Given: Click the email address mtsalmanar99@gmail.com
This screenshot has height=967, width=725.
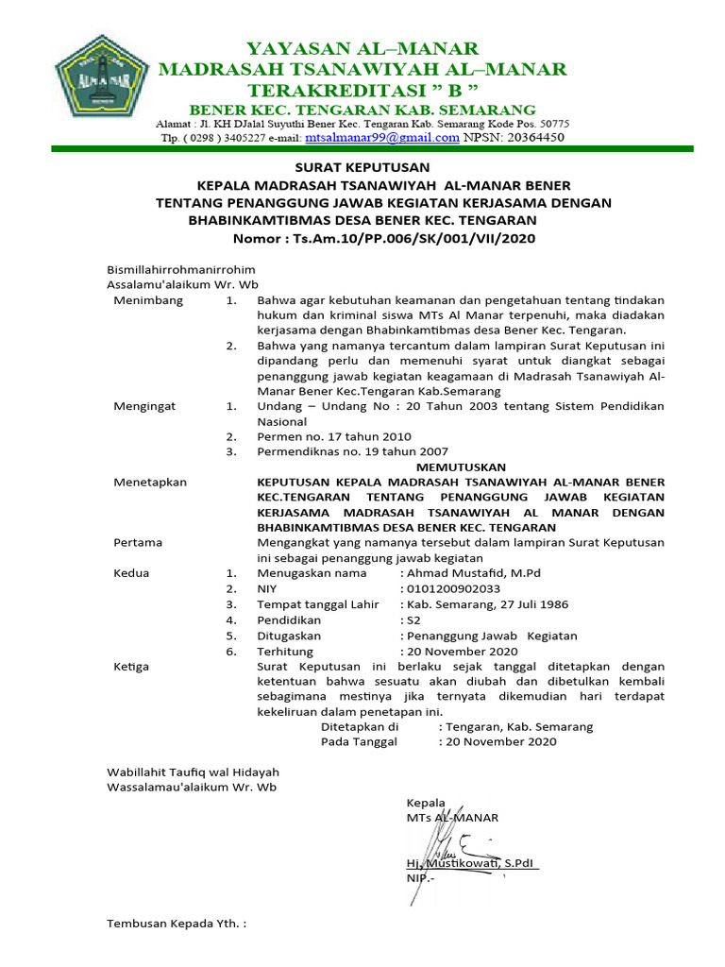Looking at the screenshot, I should pos(383,137).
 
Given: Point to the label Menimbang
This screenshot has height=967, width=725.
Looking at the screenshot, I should pos(148,300).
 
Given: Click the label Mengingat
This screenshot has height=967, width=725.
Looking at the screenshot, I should pos(144,406).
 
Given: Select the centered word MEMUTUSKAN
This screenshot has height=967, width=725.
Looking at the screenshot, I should pos(462,467).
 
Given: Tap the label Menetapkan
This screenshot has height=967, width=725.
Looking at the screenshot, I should pos(150,482).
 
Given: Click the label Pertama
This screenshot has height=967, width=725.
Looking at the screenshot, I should pos(138,542).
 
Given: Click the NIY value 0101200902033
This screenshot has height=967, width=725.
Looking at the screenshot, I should pos(452,587).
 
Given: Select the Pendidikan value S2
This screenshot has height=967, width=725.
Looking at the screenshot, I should pos(413,619).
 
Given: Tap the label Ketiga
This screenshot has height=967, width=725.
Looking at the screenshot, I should pos(131,666).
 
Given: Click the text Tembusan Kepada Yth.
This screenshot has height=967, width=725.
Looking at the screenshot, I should pos(176,923).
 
